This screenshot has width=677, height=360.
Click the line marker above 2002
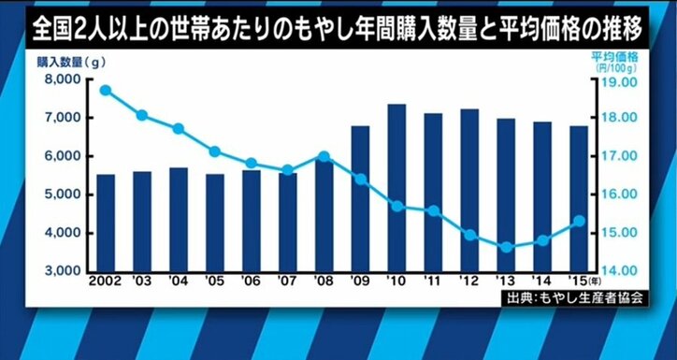point(106,91)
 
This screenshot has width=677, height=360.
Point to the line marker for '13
point(506,248)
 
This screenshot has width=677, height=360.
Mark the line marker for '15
point(579,221)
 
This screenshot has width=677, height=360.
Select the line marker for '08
point(324,156)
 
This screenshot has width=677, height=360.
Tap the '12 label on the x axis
point(469,281)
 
